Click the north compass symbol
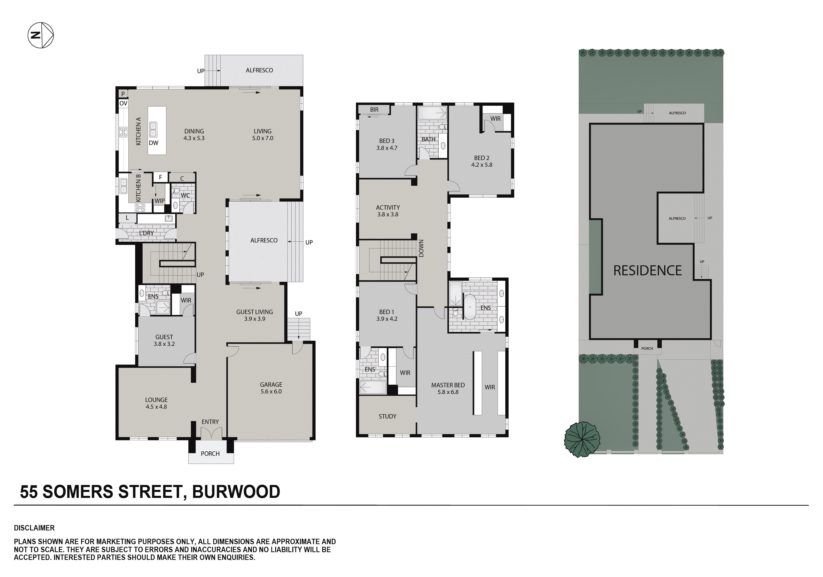click(x=41, y=35)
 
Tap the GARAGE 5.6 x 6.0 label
click(x=271, y=388)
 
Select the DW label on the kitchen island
click(x=153, y=143)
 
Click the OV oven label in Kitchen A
click(x=123, y=103)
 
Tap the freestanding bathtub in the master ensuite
click(x=470, y=307)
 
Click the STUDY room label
click(x=387, y=416)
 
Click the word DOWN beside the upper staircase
click(x=421, y=248)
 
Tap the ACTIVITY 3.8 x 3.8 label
click(x=387, y=211)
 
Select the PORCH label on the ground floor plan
click(x=210, y=454)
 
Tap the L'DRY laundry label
click(x=146, y=233)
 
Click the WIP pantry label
click(x=159, y=201)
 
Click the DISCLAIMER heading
click(x=34, y=528)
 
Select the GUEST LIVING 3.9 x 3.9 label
click(x=254, y=315)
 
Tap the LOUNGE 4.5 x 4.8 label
click(x=156, y=403)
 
